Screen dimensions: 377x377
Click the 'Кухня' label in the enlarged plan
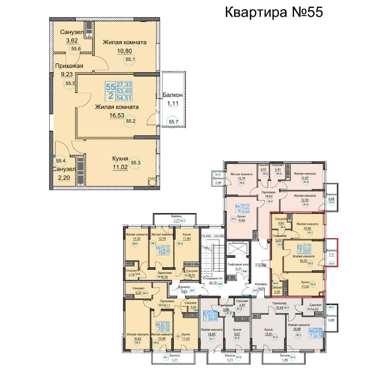click(x=121, y=158)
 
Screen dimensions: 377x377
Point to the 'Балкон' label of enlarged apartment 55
click(x=172, y=95)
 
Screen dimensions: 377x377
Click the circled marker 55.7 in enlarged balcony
click(x=173, y=122)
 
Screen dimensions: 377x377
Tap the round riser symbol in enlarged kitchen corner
click(x=152, y=182)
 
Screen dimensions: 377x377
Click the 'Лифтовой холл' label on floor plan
click(x=236, y=265)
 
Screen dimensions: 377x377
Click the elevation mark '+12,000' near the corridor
click(x=261, y=265)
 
